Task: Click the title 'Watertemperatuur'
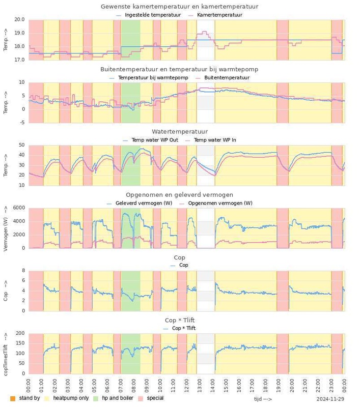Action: (x=180, y=132)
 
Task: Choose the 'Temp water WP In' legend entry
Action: (x=215, y=140)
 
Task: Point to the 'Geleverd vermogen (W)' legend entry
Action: (x=144, y=203)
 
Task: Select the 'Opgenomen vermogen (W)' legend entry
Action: (x=220, y=203)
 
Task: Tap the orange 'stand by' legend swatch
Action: (x=13, y=398)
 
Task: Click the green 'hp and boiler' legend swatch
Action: (x=95, y=398)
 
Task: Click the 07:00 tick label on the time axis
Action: (x=121, y=382)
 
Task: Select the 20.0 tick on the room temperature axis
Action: (x=19, y=19)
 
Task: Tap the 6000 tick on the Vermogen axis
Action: (x=18, y=208)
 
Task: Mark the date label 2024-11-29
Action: (x=330, y=399)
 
